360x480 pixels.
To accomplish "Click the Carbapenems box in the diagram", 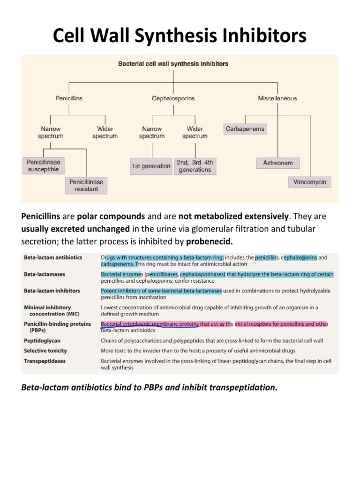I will coord(245,129).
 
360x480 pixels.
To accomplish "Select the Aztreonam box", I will coord(278,163).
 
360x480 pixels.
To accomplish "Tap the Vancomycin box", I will coord(309,182).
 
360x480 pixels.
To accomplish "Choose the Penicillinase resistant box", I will coord(86,185).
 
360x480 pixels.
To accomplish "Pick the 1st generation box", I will coord(150,166).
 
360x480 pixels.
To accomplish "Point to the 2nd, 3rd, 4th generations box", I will coord(195,166).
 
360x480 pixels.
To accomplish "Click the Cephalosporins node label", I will coord(173,98).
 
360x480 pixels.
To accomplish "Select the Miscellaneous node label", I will coord(277,98).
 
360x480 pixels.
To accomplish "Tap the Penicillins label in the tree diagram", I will coord(69,98).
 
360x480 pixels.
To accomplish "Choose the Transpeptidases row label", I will coord(45,361).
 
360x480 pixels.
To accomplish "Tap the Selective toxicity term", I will coord(45,351).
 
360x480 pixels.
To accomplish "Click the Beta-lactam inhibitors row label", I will coord(52,291).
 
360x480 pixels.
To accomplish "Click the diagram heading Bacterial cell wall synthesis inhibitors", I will coord(173,63).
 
